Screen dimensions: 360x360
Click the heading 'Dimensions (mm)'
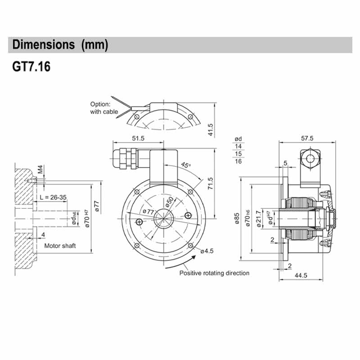pos(60,45)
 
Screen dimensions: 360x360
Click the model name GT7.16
pos(31,67)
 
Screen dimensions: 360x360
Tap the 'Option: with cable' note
pos(104,108)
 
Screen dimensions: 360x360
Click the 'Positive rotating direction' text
pos(214,273)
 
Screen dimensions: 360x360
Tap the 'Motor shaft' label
pos(60,246)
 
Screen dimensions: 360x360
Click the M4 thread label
pos(40,170)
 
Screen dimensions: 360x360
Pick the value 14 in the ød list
pos(238,146)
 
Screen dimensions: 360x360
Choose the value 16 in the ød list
pos(238,161)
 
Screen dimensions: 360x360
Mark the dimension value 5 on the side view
pos(286,162)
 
